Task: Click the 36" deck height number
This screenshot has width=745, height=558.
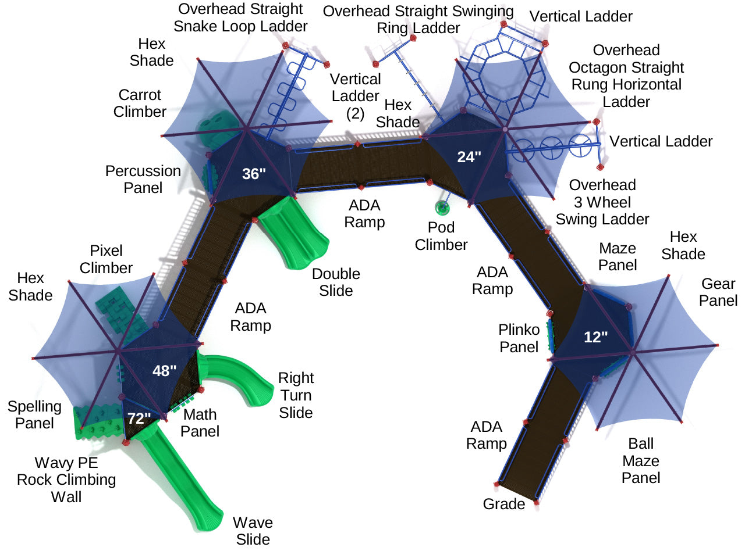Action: tap(254, 174)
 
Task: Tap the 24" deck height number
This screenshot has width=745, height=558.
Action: tap(469, 157)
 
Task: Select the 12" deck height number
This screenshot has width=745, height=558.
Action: tap(595, 337)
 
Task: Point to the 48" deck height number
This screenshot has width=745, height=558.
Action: tap(164, 371)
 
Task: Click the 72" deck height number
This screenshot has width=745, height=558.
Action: tap(139, 419)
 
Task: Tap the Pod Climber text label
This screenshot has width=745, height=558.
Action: tap(441, 236)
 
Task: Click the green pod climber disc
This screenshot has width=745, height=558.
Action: tap(442, 207)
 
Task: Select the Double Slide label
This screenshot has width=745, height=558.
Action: tap(336, 282)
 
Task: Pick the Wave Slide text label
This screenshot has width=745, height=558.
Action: tap(253, 531)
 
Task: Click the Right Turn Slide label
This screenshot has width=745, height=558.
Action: tap(296, 395)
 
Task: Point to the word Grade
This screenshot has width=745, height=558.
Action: tap(503, 504)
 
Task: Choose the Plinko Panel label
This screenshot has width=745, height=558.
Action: tap(519, 338)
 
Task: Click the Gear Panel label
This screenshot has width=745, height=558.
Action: tap(718, 292)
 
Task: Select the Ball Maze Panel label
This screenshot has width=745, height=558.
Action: tap(640, 461)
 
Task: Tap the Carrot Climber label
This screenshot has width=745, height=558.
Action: tap(140, 103)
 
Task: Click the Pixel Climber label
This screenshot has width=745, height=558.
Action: tap(106, 259)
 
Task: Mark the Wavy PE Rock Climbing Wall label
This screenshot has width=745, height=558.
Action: tap(66, 480)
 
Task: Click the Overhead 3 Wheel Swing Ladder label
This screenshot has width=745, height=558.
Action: tap(602, 202)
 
